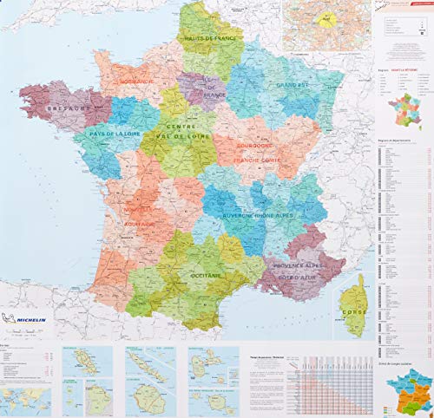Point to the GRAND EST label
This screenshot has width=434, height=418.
[x=293, y=86]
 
